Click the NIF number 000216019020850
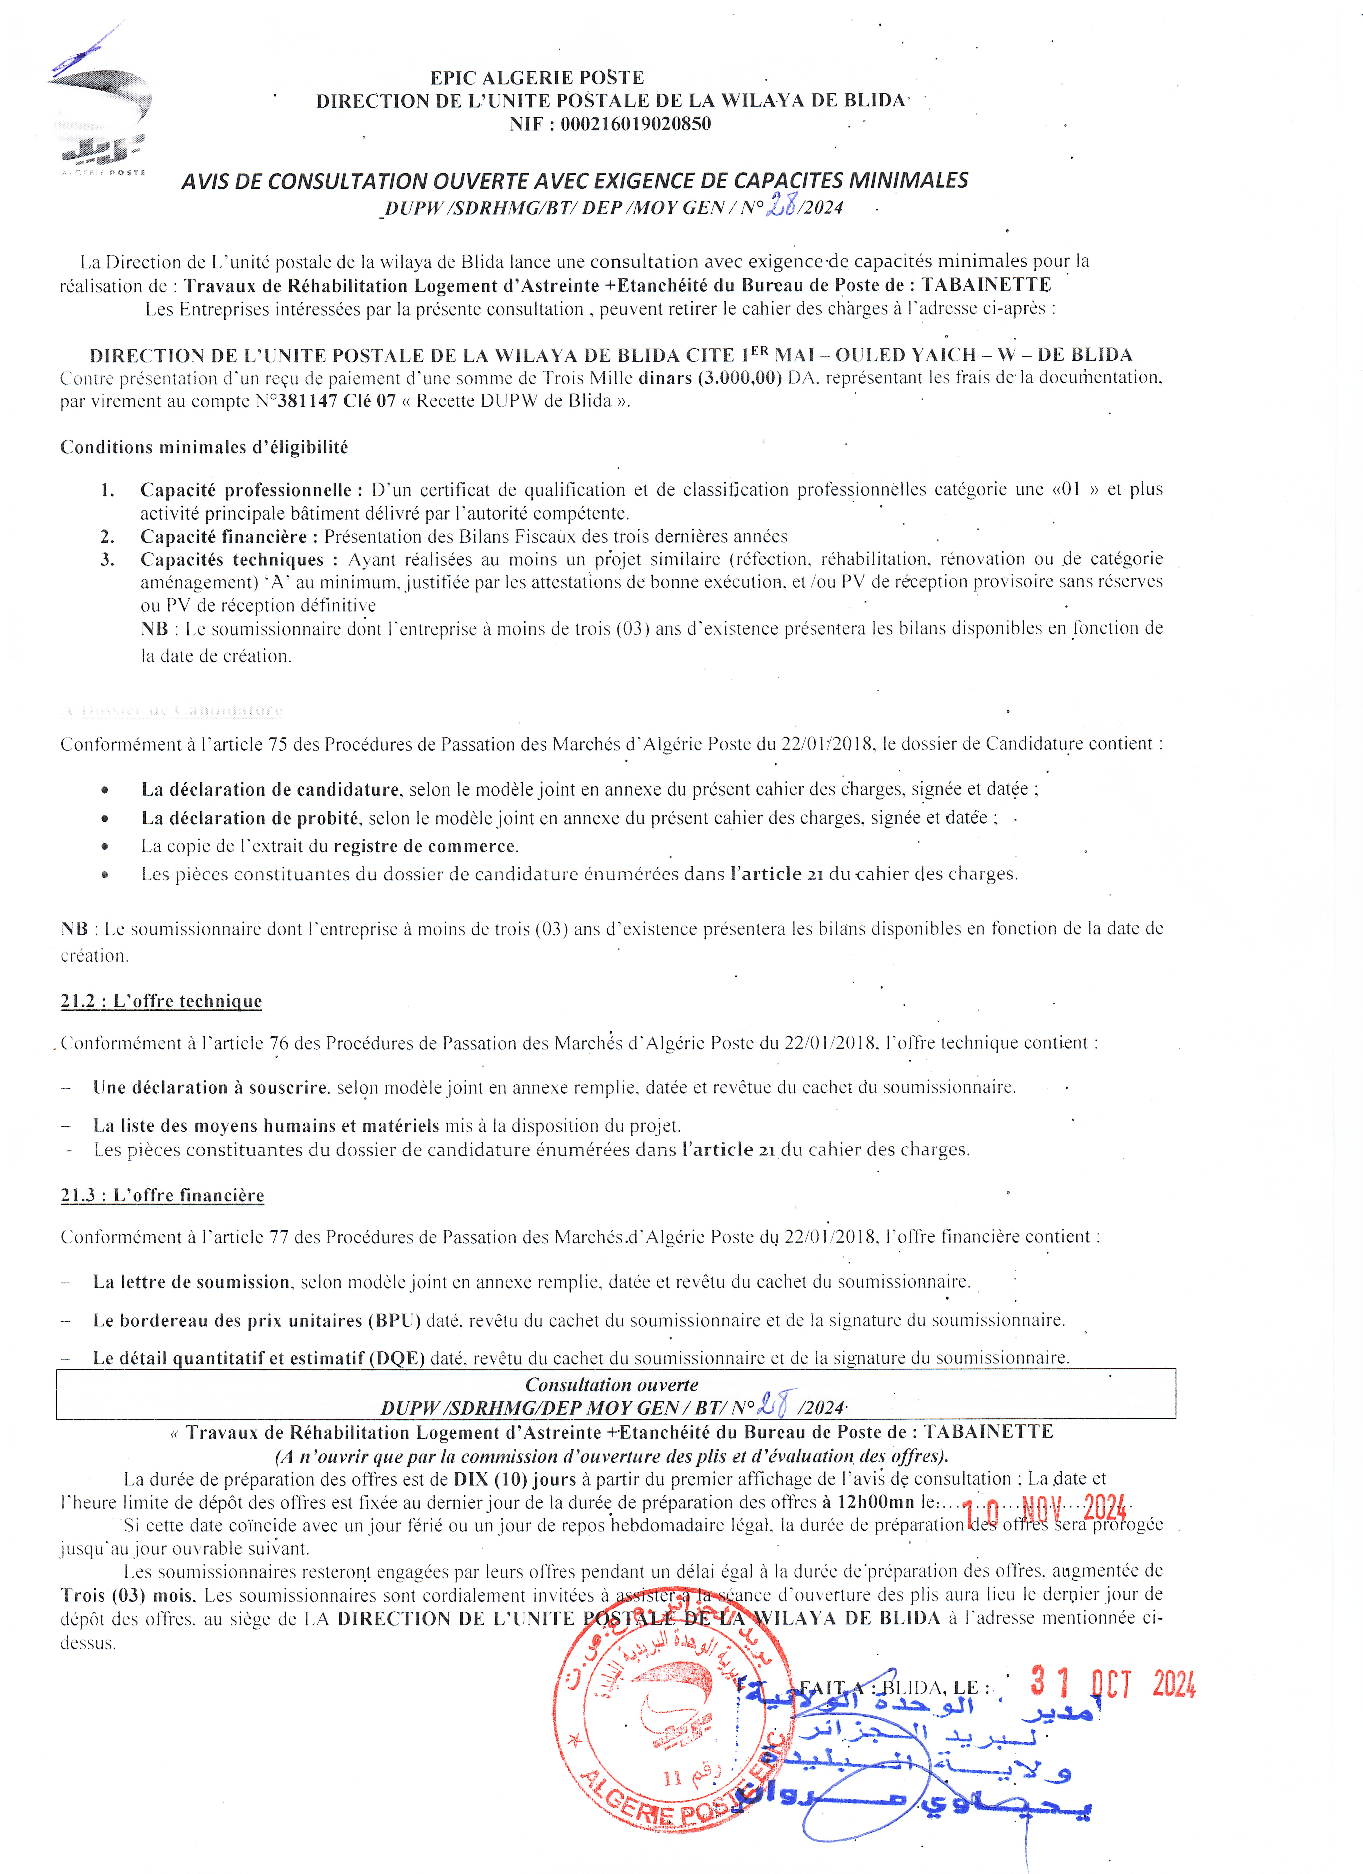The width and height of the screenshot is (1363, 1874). pos(635,124)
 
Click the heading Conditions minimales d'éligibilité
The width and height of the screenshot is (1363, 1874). pos(204,447)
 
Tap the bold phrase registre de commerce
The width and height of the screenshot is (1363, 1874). pos(425,846)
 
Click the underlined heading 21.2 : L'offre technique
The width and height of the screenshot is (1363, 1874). pos(161,1001)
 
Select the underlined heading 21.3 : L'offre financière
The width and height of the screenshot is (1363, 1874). pos(162,1196)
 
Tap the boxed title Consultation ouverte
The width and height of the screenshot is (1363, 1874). pos(611,1385)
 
